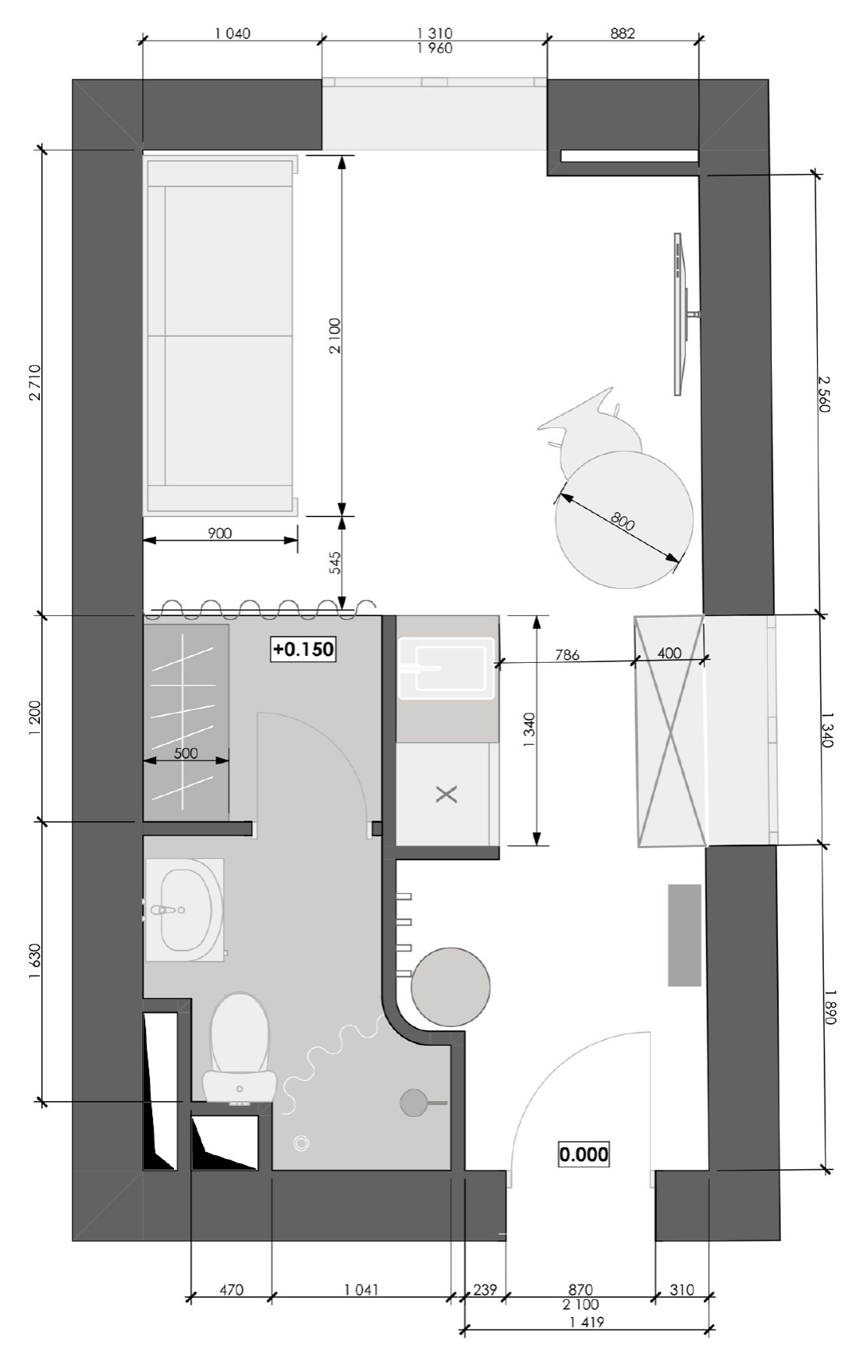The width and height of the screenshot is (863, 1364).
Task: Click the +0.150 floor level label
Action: (304, 649)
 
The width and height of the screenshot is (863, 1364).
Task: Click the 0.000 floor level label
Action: (584, 1153)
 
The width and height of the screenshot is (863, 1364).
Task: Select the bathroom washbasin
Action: (185, 909)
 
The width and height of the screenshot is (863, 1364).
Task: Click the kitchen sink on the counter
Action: (447, 668)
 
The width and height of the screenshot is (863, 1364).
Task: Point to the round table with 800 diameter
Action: (624, 519)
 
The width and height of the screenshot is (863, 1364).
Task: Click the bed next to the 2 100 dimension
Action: (219, 335)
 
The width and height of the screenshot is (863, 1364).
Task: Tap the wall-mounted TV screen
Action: (679, 314)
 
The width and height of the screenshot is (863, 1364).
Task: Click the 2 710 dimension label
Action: (34, 383)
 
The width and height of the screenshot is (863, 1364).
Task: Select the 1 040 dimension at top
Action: (233, 34)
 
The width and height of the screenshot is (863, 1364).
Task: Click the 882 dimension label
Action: (623, 34)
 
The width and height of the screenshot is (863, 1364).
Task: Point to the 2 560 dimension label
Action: (825, 394)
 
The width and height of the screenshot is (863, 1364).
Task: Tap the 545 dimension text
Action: (335, 563)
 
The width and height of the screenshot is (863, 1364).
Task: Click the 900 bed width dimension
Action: (220, 533)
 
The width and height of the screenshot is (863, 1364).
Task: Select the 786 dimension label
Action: (567, 655)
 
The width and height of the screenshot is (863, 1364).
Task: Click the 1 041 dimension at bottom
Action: (361, 1289)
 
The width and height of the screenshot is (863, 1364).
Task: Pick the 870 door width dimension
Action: (581, 1289)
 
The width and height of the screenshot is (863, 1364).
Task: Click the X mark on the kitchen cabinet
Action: (446, 795)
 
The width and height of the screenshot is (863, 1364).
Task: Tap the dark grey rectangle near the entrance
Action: (684, 934)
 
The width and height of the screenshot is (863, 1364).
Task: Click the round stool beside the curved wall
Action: (451, 986)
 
